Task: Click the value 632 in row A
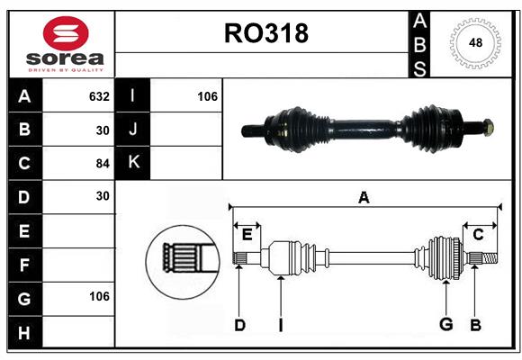pos(99,96)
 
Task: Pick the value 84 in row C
pos(103,163)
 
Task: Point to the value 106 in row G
pos(99,296)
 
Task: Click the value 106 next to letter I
pos(207,96)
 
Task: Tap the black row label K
pos(133,163)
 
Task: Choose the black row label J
pos(133,130)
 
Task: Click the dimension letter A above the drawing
pos(364,198)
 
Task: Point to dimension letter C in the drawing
pos(479,234)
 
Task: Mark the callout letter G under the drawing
pos(445,325)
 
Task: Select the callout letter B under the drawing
pos(476,325)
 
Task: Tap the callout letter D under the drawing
pos(239,325)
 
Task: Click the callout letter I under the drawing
pos(281,325)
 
